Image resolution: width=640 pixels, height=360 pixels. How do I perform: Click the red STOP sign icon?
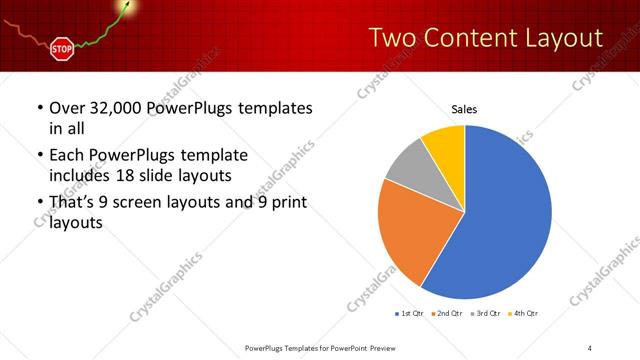pyautogui.click(x=62, y=47)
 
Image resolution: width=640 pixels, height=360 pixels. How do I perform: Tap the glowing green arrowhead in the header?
pyautogui.click(x=126, y=7)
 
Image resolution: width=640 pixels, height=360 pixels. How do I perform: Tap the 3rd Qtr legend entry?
pyautogui.click(x=485, y=314)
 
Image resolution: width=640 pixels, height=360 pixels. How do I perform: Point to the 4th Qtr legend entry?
pyautogui.click(x=524, y=314)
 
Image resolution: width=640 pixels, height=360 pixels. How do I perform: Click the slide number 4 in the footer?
pyautogui.click(x=590, y=347)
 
